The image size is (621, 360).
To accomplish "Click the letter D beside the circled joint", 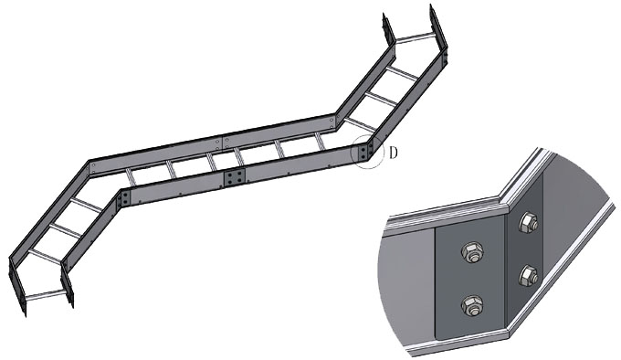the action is coord(393,153).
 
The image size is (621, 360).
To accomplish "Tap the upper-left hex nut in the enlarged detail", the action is coord(472,252).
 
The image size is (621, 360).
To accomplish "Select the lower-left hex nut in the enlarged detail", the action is coord(472,306).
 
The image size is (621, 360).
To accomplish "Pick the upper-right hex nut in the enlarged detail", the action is coord(529,222).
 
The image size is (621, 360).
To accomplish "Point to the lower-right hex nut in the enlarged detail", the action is coord(529,276).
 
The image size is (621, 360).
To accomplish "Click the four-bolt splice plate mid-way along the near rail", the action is coord(235,178).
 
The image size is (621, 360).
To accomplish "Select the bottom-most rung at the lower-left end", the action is coord(45,295).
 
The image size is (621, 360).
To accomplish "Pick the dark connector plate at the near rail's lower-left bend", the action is coord(123,198).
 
